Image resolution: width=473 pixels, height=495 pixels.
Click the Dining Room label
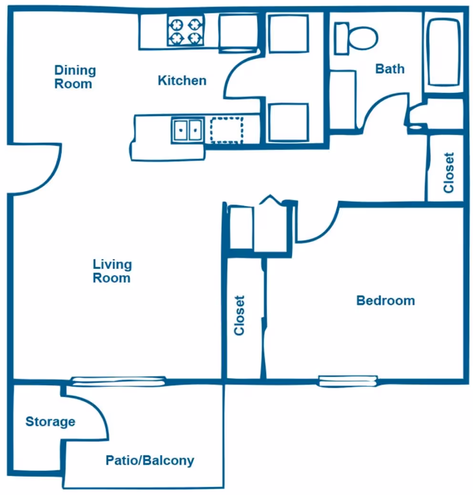tap(74, 77)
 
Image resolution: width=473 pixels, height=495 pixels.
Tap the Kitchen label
tap(182, 81)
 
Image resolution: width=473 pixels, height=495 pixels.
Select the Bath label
tap(390, 69)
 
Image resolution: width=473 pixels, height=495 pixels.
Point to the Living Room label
tap(112, 271)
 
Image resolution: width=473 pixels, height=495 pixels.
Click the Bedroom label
tap(385, 301)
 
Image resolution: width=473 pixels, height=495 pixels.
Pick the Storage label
tap(50, 422)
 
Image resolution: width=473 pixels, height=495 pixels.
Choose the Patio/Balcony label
tap(150, 461)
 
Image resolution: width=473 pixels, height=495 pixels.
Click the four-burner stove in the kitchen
tap(185, 31)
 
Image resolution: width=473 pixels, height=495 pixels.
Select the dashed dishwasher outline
tap(226, 130)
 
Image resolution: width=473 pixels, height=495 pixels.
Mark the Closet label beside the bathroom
tap(448, 172)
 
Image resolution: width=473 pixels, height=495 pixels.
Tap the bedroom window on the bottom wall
tap(348, 381)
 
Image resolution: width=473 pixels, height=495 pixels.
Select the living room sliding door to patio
tap(118, 380)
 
